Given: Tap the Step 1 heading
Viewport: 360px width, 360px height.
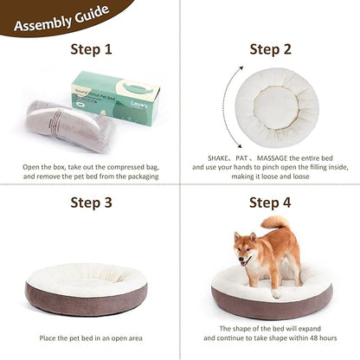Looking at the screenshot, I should tap(90, 49).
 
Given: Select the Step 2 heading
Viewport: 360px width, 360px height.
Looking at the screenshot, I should tap(270, 49).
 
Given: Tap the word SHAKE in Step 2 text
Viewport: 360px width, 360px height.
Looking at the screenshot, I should tap(221, 160).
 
